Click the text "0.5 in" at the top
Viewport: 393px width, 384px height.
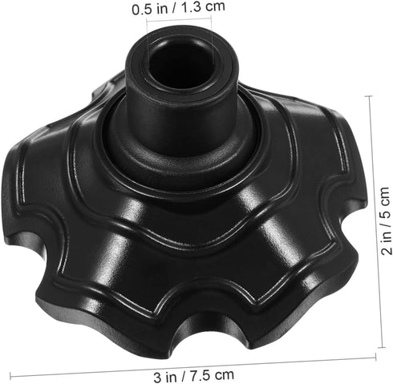coord(149,10)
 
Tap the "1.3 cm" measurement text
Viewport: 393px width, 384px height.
coord(203,7)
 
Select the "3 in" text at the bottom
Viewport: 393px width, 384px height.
coord(165,376)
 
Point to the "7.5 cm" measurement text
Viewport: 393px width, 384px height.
coord(212,375)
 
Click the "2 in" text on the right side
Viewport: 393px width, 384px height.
coord(386,245)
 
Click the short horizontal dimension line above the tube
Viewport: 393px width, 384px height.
coord(179,19)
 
